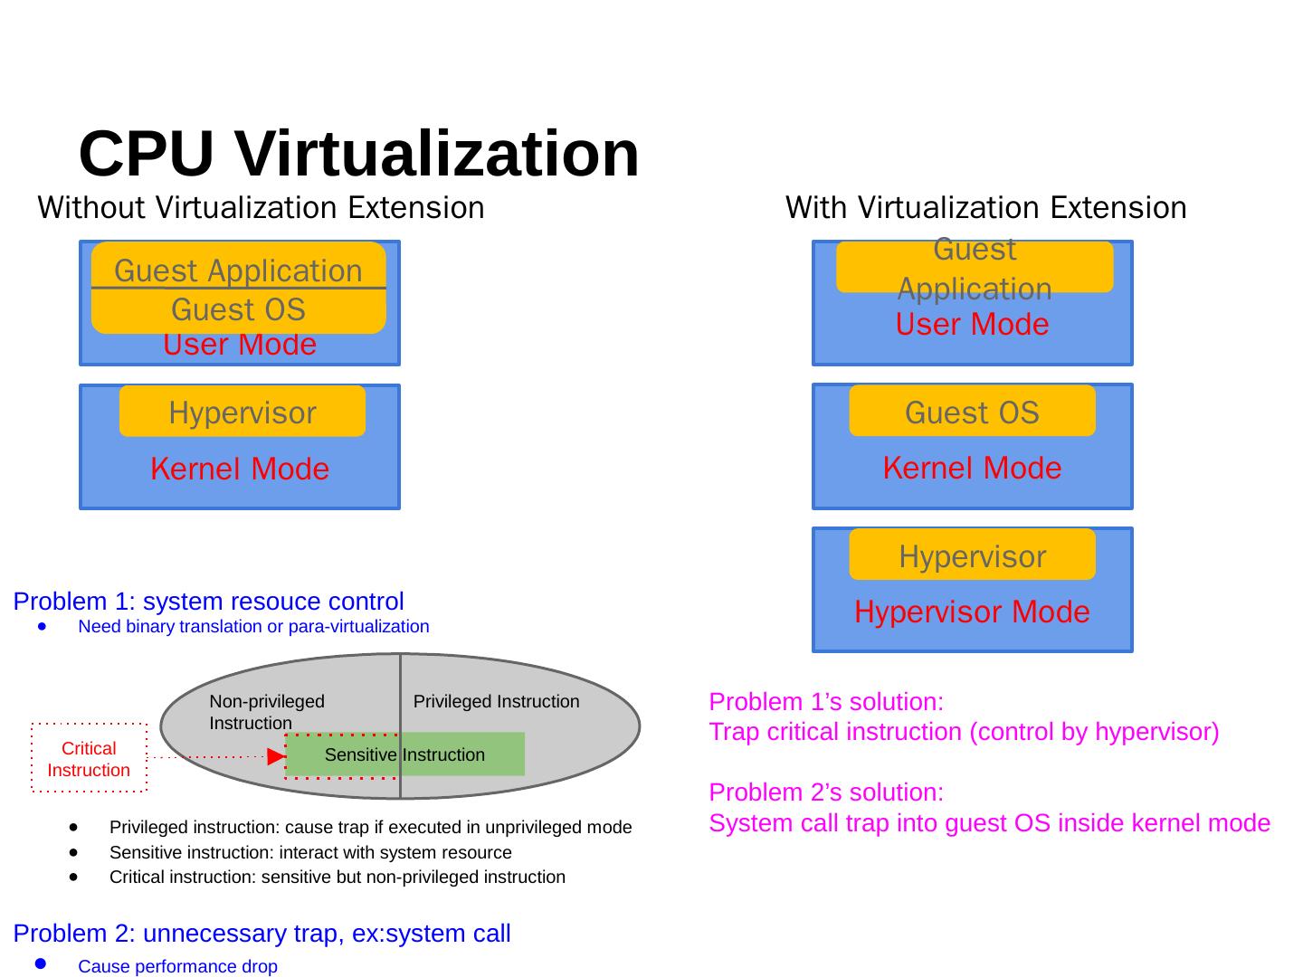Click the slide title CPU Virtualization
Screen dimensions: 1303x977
click(359, 154)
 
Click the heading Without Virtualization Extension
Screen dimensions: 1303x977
click(261, 208)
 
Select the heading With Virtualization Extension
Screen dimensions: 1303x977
click(985, 208)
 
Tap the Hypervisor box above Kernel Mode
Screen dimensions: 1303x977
click(243, 413)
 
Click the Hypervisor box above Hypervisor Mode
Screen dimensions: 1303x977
click(972, 555)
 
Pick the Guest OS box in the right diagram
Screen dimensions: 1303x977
click(972, 413)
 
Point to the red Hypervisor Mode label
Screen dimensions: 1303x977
click(972, 612)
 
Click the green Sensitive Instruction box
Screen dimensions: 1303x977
click(404, 754)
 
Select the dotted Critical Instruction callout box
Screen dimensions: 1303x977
click(89, 759)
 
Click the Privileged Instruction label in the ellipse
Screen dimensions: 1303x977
click(496, 702)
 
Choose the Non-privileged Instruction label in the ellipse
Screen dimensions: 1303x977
click(266, 712)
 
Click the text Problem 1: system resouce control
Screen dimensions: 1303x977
click(208, 602)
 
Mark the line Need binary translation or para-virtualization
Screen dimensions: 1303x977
click(253, 627)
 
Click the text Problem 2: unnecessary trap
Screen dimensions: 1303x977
click(262, 934)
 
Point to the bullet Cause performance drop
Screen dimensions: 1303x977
click(177, 967)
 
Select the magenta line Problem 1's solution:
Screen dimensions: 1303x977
click(826, 702)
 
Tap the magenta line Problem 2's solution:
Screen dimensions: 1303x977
click(826, 792)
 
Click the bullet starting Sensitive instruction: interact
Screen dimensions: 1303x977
click(310, 853)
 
